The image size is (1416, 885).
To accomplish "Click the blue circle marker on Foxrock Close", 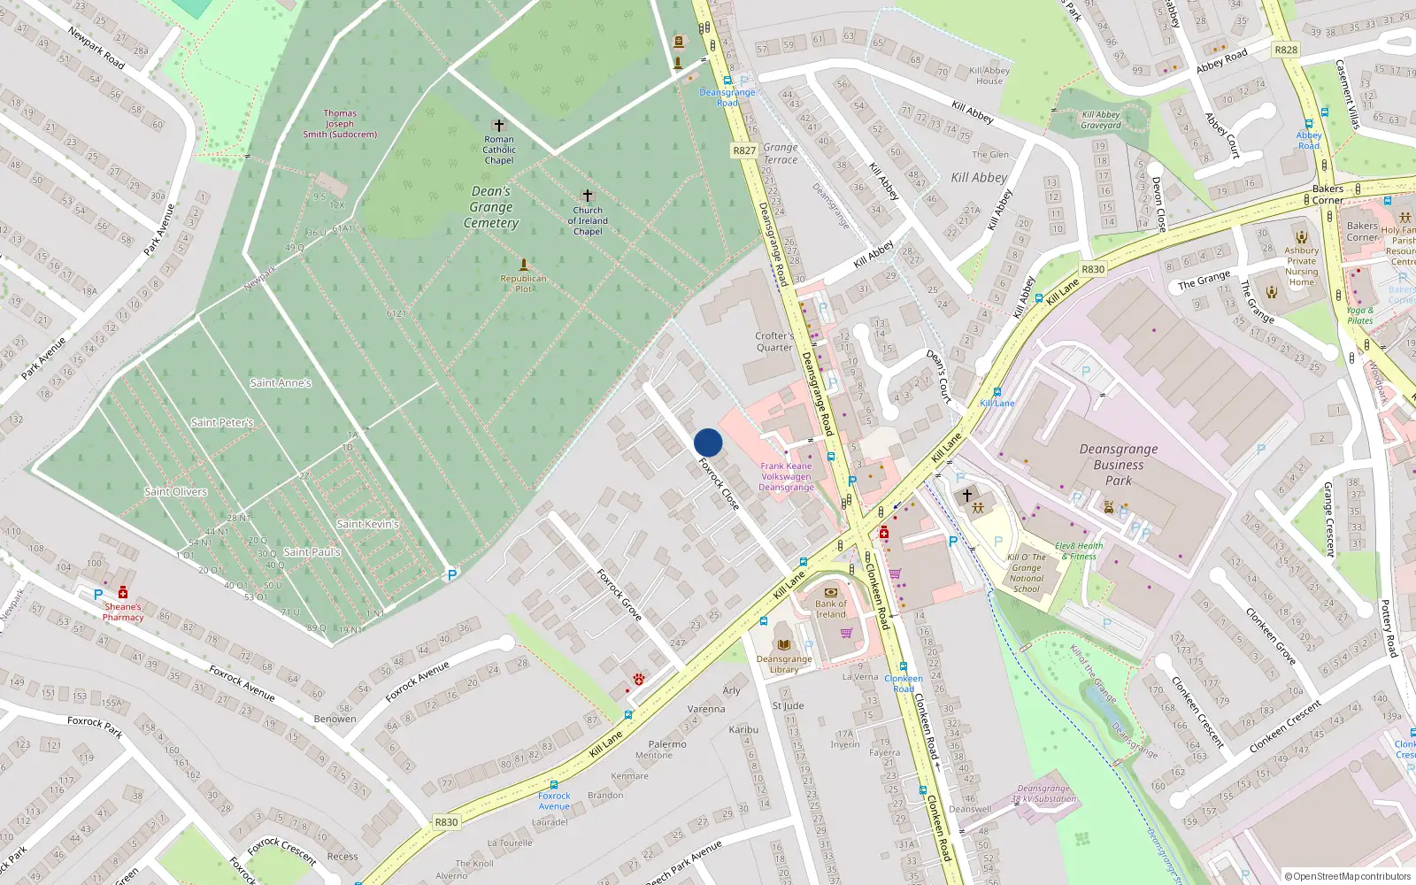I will point(708,442).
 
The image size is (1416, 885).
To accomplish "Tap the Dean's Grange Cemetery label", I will point(491,207).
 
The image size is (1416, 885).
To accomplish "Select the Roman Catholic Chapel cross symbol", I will point(499,126).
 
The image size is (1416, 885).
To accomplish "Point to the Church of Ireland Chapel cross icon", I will point(588,195).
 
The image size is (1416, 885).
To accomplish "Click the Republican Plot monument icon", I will point(524,265).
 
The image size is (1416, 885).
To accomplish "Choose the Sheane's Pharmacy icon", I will point(123,593).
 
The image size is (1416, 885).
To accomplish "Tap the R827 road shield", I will point(744,150).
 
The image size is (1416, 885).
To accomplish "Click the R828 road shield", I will point(1286,50).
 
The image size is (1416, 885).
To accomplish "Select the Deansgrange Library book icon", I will point(783,644).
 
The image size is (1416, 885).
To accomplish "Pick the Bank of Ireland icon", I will point(830,592).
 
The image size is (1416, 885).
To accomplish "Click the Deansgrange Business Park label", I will point(1119,465).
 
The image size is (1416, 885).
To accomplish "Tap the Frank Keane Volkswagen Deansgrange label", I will point(786,476).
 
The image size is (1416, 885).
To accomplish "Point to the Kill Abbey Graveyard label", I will point(1101,119).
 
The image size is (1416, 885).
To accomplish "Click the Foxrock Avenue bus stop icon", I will point(554,784).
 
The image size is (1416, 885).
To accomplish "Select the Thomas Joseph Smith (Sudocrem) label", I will point(340,124).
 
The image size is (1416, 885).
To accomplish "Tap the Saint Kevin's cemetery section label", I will point(367,524).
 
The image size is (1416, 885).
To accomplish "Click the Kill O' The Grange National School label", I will point(1027,573).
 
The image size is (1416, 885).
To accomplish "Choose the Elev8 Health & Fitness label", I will point(1079,551).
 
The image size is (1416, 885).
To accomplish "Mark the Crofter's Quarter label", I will point(774,342).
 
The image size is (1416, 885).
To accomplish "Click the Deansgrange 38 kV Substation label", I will point(1043,793).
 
